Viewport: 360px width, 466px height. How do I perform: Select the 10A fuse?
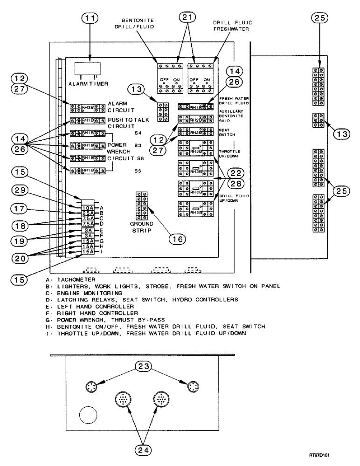tap(88, 207)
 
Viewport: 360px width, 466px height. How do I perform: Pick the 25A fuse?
tap(88, 213)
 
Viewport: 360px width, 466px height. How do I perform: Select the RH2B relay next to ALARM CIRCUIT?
tap(88, 108)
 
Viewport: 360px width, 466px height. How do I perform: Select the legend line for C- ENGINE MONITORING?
tap(77, 292)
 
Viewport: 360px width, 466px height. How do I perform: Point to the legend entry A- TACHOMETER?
tap(70, 279)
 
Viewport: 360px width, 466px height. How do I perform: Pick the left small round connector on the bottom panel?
tap(91, 386)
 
